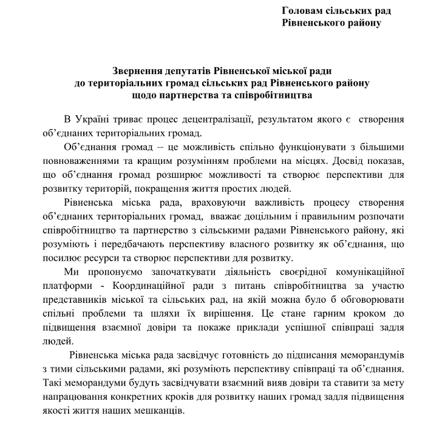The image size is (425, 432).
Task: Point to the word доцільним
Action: tap(262, 217)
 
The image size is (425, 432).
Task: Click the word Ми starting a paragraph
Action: tap(71, 273)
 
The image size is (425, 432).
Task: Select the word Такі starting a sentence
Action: tap(53, 383)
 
